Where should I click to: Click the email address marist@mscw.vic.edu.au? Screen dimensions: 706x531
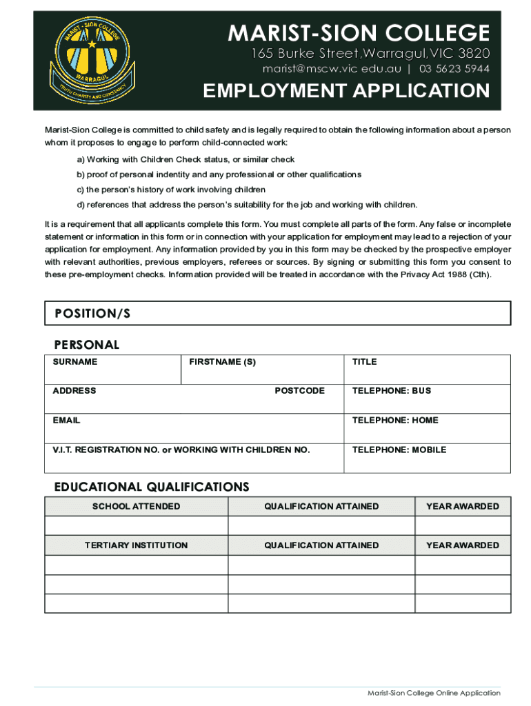click(x=332, y=69)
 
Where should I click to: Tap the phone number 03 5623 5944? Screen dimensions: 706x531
click(x=454, y=69)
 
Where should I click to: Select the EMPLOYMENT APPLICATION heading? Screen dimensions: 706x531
click(x=345, y=92)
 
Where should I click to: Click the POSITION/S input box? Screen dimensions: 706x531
click(x=277, y=314)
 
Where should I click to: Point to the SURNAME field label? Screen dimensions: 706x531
click(x=75, y=362)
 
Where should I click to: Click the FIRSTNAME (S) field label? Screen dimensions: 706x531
click(x=222, y=362)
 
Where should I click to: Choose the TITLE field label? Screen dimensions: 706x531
click(x=365, y=362)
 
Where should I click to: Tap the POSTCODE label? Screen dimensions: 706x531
click(x=299, y=391)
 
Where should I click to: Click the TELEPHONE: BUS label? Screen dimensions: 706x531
click(x=392, y=391)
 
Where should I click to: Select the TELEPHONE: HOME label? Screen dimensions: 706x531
click(x=395, y=421)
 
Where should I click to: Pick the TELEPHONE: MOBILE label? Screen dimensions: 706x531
click(x=399, y=450)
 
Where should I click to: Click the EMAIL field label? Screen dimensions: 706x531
click(x=67, y=421)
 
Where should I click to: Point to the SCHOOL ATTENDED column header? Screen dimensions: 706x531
click(x=137, y=507)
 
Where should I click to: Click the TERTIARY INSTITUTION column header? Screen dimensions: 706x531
click(x=137, y=545)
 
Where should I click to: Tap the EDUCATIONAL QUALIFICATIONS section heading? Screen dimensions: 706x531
click(x=152, y=487)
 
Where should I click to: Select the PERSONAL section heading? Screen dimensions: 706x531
click(x=87, y=345)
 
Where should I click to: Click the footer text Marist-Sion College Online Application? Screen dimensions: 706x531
click(x=434, y=693)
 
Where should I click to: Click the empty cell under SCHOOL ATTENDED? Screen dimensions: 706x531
click(x=137, y=526)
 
